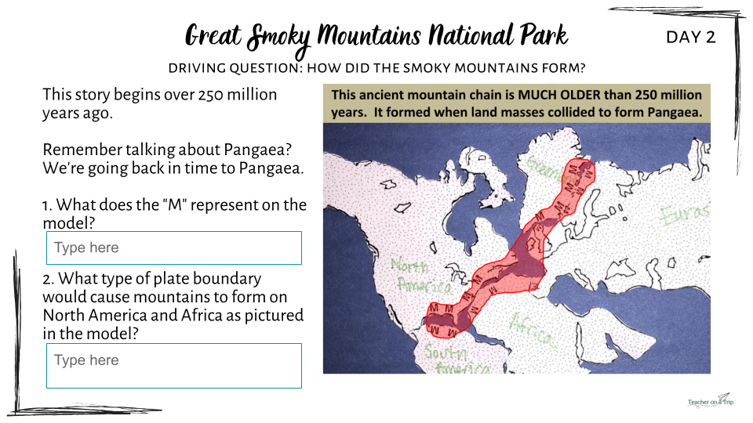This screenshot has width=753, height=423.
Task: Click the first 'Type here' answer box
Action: coord(174,248)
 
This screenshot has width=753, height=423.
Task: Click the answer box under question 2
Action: coord(174,366)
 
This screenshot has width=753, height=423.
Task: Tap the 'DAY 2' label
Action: coord(690,37)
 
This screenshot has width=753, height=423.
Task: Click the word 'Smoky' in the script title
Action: coord(278,38)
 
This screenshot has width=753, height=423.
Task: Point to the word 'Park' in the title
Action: coord(544,35)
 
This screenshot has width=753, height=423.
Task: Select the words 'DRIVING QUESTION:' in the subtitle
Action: coord(235,68)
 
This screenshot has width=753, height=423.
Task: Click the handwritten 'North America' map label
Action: coord(420,275)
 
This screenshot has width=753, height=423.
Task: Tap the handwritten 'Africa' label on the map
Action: coord(532,330)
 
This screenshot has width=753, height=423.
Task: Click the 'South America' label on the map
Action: coord(455,359)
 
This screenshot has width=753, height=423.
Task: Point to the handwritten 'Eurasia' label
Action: coord(684,215)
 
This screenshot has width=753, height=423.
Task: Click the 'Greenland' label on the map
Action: coord(544,167)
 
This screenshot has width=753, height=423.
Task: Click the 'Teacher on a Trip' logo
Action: coord(711,401)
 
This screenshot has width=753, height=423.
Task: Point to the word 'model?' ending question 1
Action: coord(69,223)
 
